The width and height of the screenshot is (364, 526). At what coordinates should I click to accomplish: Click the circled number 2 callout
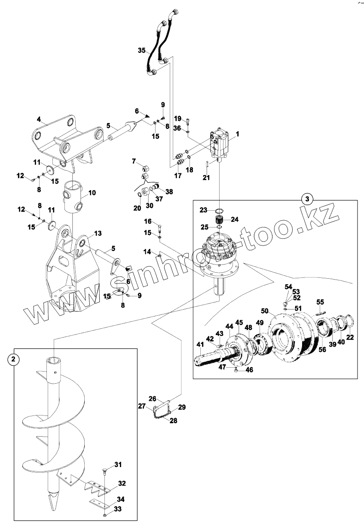click(x=14, y=360)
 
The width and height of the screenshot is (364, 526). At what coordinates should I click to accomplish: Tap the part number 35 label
click(x=142, y=51)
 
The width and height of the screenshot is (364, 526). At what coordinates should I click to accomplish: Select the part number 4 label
click(x=39, y=119)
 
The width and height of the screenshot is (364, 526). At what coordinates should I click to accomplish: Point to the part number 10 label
click(x=92, y=193)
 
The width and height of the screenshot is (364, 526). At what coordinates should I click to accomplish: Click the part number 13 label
click(x=98, y=233)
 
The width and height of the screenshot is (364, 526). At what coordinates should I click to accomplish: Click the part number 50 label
click(x=265, y=311)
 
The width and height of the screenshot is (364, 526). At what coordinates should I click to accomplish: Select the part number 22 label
click(x=350, y=338)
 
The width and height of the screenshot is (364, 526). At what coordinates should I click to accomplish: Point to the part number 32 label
click(x=122, y=483)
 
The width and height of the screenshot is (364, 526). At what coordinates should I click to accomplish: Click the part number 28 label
click(x=173, y=421)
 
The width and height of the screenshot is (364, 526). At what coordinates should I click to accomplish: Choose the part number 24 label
click(x=234, y=219)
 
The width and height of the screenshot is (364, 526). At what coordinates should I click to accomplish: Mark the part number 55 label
click(x=320, y=302)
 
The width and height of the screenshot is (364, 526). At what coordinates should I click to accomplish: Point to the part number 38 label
click(x=169, y=191)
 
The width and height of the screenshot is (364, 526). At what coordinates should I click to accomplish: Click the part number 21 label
click(x=206, y=177)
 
